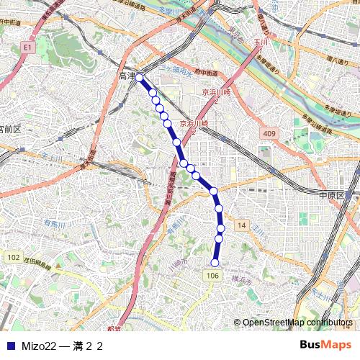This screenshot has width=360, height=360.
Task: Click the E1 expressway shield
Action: coord(28,47)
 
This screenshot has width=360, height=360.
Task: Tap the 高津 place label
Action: coord(126,75)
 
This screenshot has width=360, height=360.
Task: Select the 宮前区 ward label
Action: coord(11,129)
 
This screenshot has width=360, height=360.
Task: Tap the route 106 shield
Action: coord(212,276)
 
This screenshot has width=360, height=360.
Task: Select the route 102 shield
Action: coord(13,257)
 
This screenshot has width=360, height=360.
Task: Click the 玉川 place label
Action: coord(260,44)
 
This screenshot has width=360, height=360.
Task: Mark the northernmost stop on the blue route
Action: coord(139,77)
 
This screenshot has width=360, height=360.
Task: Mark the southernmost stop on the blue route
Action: coord(215,263)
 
